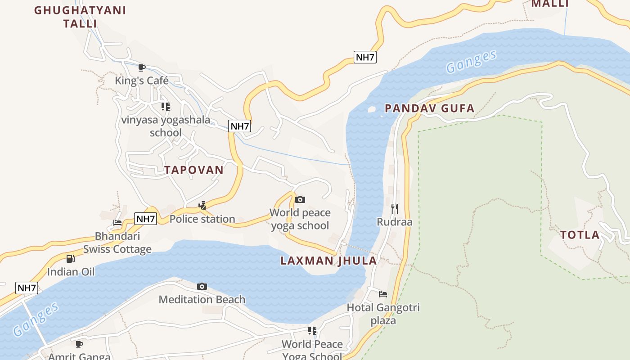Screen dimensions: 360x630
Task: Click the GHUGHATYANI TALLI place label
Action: click(80, 17)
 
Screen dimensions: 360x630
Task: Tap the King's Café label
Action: click(142, 81)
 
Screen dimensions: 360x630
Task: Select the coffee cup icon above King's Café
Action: click(142, 68)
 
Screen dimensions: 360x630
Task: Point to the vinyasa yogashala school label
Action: click(166, 126)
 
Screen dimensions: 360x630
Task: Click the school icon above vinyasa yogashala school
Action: click(166, 107)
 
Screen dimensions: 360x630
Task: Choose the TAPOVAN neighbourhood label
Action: click(193, 170)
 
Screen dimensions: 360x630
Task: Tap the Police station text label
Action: click(202, 219)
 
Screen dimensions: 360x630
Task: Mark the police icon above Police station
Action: click(202, 206)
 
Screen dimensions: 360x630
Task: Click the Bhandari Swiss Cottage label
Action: click(117, 243)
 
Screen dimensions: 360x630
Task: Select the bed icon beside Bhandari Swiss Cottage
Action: click(117, 222)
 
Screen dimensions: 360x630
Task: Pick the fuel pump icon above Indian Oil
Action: click(71, 258)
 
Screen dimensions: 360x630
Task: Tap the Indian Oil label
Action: click(71, 272)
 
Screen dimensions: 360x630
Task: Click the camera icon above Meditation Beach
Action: click(202, 286)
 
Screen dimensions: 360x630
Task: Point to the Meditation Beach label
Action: click(202, 299)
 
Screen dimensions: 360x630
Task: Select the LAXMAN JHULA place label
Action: click(328, 261)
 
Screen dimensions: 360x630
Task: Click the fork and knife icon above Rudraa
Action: click(395, 208)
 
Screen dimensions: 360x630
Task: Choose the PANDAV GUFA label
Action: click(430, 108)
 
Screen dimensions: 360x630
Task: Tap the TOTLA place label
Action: click(580, 234)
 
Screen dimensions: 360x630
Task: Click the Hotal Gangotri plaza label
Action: click(383, 314)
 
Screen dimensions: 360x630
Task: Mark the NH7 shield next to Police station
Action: click(145, 219)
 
